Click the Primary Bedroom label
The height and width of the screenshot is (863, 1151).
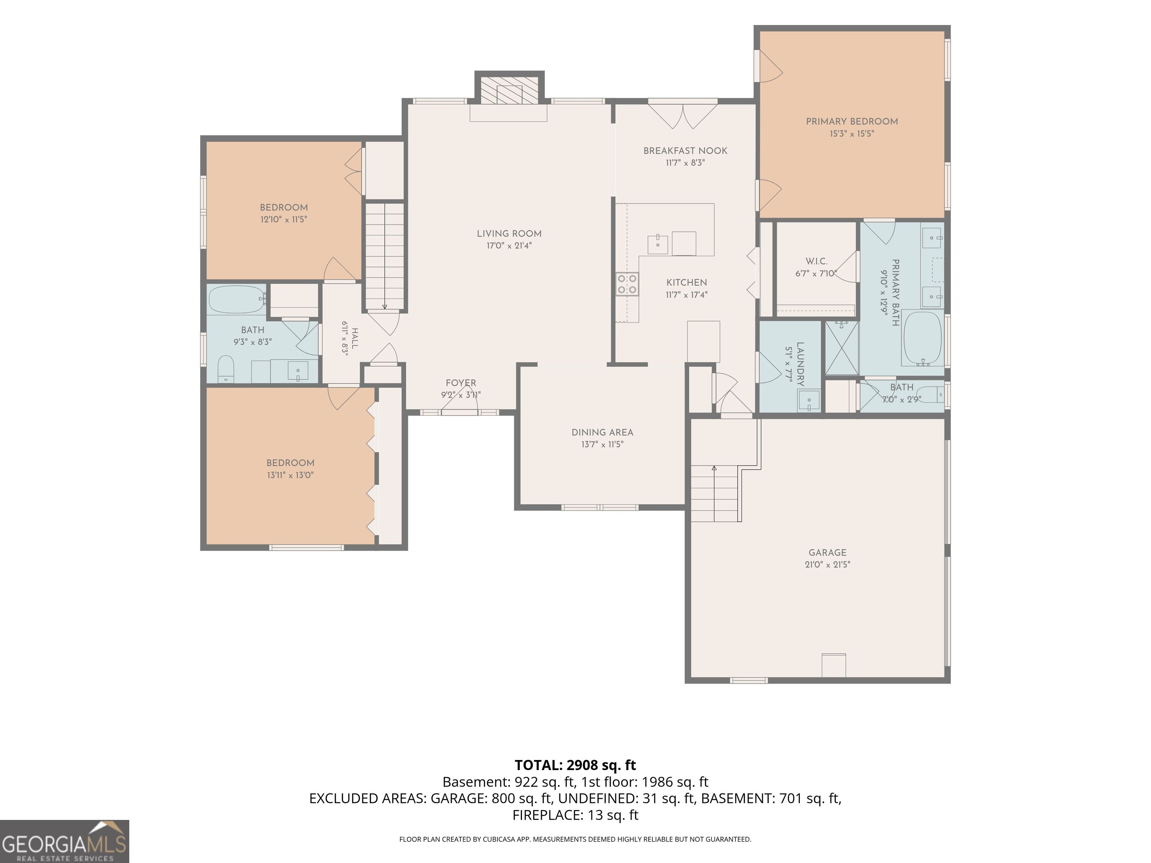tap(852, 121)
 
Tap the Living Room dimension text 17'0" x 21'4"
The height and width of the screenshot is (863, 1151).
tap(509, 246)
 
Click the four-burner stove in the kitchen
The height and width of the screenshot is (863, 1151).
tap(627, 284)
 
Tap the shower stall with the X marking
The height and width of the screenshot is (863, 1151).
tap(842, 348)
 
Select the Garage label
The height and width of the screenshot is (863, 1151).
tap(827, 552)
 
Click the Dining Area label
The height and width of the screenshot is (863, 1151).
tap(602, 432)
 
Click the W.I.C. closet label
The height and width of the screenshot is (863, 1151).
tap(816, 261)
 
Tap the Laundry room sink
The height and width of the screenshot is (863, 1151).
tap(809, 400)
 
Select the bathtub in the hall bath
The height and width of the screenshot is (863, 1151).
tap(237, 299)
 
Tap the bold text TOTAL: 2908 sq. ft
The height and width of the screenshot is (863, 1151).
tap(575, 765)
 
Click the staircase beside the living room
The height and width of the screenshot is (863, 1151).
tap(384, 257)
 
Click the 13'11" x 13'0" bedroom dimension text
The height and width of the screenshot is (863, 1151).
tap(290, 475)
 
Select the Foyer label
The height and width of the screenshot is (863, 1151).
tap(460, 383)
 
